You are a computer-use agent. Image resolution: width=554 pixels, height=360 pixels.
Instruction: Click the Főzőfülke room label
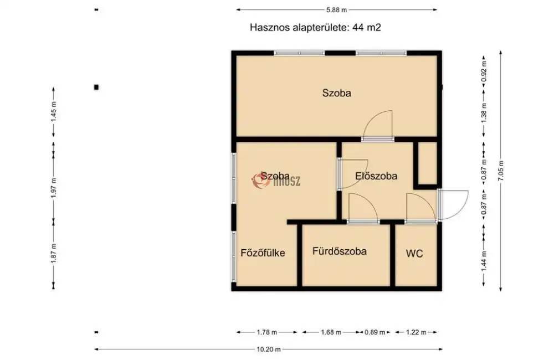pos(263,254)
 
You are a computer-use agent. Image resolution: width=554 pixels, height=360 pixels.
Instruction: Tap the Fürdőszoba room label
pos(339,251)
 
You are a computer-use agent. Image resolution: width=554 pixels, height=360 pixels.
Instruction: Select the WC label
pos(414,254)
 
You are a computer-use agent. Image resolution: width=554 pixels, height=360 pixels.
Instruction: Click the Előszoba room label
pos(376,177)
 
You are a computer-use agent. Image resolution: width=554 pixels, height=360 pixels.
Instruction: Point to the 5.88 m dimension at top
pos(336,9)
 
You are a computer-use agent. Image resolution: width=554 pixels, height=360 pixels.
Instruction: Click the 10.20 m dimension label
pos(269,349)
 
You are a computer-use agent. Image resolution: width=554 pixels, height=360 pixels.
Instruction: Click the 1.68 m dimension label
pos(330,332)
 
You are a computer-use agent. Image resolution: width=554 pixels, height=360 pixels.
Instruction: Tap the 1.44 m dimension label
pos(484,256)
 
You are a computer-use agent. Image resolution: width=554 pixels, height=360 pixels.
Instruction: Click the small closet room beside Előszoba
pos(427,163)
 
